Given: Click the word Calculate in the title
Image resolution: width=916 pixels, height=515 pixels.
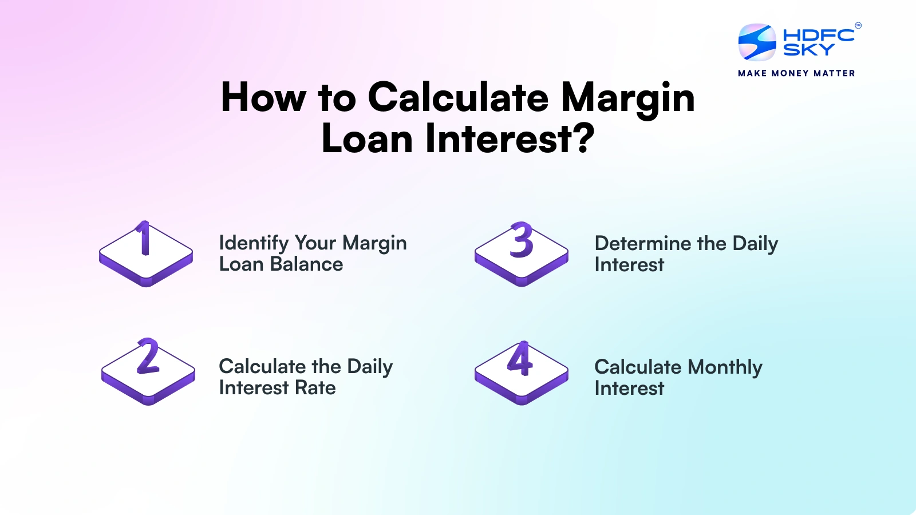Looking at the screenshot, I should pyautogui.click(x=458, y=97).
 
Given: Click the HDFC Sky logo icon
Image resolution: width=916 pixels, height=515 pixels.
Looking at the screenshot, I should pyautogui.click(x=757, y=42).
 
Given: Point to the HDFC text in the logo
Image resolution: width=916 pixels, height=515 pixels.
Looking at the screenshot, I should pyautogui.click(x=818, y=35).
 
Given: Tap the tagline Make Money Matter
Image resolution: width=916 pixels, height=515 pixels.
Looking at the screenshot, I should pyautogui.click(x=796, y=73).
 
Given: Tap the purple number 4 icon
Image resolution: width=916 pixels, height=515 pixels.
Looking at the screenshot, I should pyautogui.click(x=520, y=360).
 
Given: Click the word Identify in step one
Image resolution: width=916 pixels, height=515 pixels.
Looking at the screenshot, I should pyautogui.click(x=254, y=243).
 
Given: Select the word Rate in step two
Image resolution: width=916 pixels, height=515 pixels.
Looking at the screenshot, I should pyautogui.click(x=315, y=388).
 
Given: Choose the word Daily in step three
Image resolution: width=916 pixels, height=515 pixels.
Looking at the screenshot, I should pyautogui.click(x=755, y=244).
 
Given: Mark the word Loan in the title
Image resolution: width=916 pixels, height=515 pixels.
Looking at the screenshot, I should pyautogui.click(x=367, y=139).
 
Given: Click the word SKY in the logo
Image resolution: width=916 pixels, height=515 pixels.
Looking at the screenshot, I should pyautogui.click(x=808, y=50).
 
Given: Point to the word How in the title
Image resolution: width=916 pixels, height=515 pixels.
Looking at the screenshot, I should pyautogui.click(x=263, y=97).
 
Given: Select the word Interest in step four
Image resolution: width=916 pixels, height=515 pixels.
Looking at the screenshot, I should pyautogui.click(x=629, y=389).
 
